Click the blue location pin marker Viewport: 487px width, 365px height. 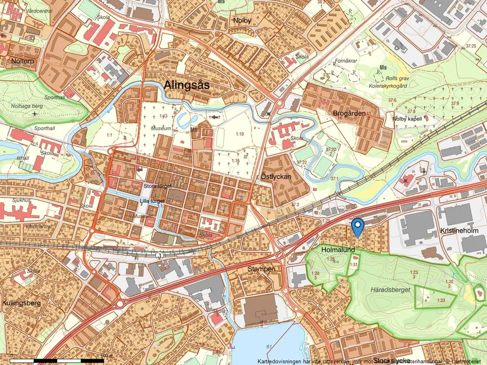pos(357,226)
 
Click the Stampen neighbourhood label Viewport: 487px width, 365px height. pos(260,269)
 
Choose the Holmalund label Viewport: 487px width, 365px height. pos(338,250)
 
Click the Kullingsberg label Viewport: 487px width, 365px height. pos(21,302)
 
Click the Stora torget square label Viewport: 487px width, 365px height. pos(156,186)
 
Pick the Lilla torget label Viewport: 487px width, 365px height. pos(152,200)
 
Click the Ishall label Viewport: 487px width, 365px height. pos(23,158)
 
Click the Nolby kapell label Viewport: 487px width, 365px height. pos(408,119)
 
